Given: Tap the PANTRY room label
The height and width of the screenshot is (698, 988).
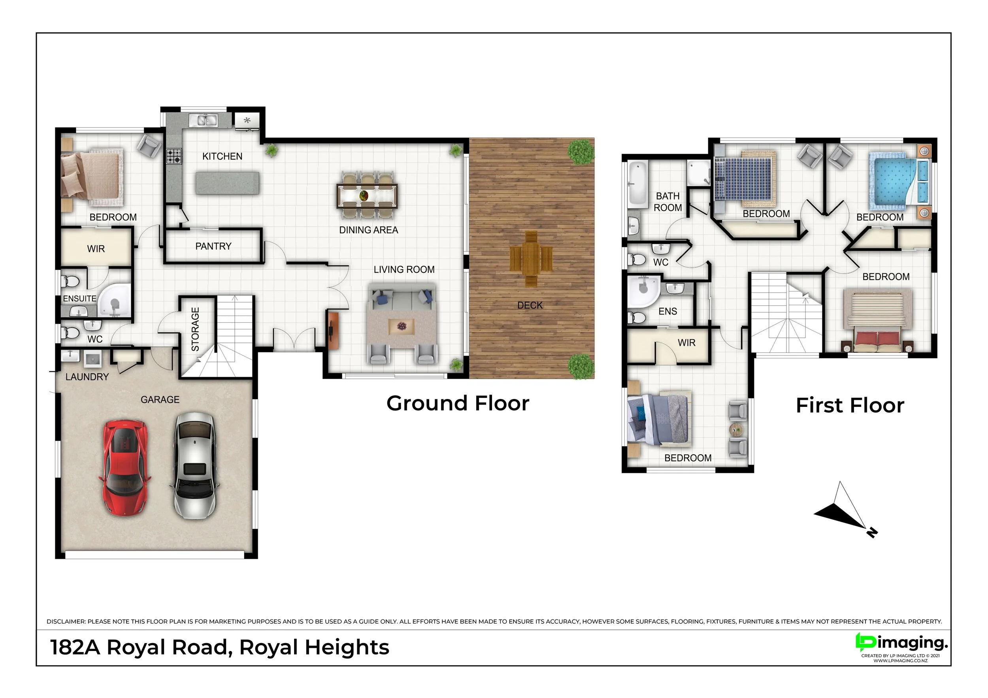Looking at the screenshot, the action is pyautogui.click(x=213, y=246).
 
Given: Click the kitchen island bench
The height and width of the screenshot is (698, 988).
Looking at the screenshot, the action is pyautogui.click(x=228, y=183).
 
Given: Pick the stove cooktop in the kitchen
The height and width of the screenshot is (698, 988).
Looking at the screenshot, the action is pyautogui.click(x=174, y=156).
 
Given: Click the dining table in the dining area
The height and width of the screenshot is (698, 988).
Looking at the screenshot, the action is pyautogui.click(x=367, y=196).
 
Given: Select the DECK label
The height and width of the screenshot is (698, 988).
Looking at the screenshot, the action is pyautogui.click(x=530, y=305).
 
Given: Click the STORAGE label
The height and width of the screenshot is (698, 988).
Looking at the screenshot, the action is pyautogui.click(x=195, y=329).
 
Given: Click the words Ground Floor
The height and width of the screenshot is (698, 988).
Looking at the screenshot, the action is pyautogui.click(x=458, y=403).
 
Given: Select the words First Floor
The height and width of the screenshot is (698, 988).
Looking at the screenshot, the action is pyautogui.click(x=850, y=406).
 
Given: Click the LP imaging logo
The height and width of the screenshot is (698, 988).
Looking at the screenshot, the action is pyautogui.click(x=901, y=644).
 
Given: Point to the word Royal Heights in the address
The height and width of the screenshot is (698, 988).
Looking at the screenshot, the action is pyautogui.click(x=314, y=648).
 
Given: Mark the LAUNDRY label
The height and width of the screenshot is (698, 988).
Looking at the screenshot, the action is pyautogui.click(x=87, y=377).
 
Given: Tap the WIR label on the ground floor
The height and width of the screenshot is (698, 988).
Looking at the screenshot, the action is pyautogui.click(x=96, y=249).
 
